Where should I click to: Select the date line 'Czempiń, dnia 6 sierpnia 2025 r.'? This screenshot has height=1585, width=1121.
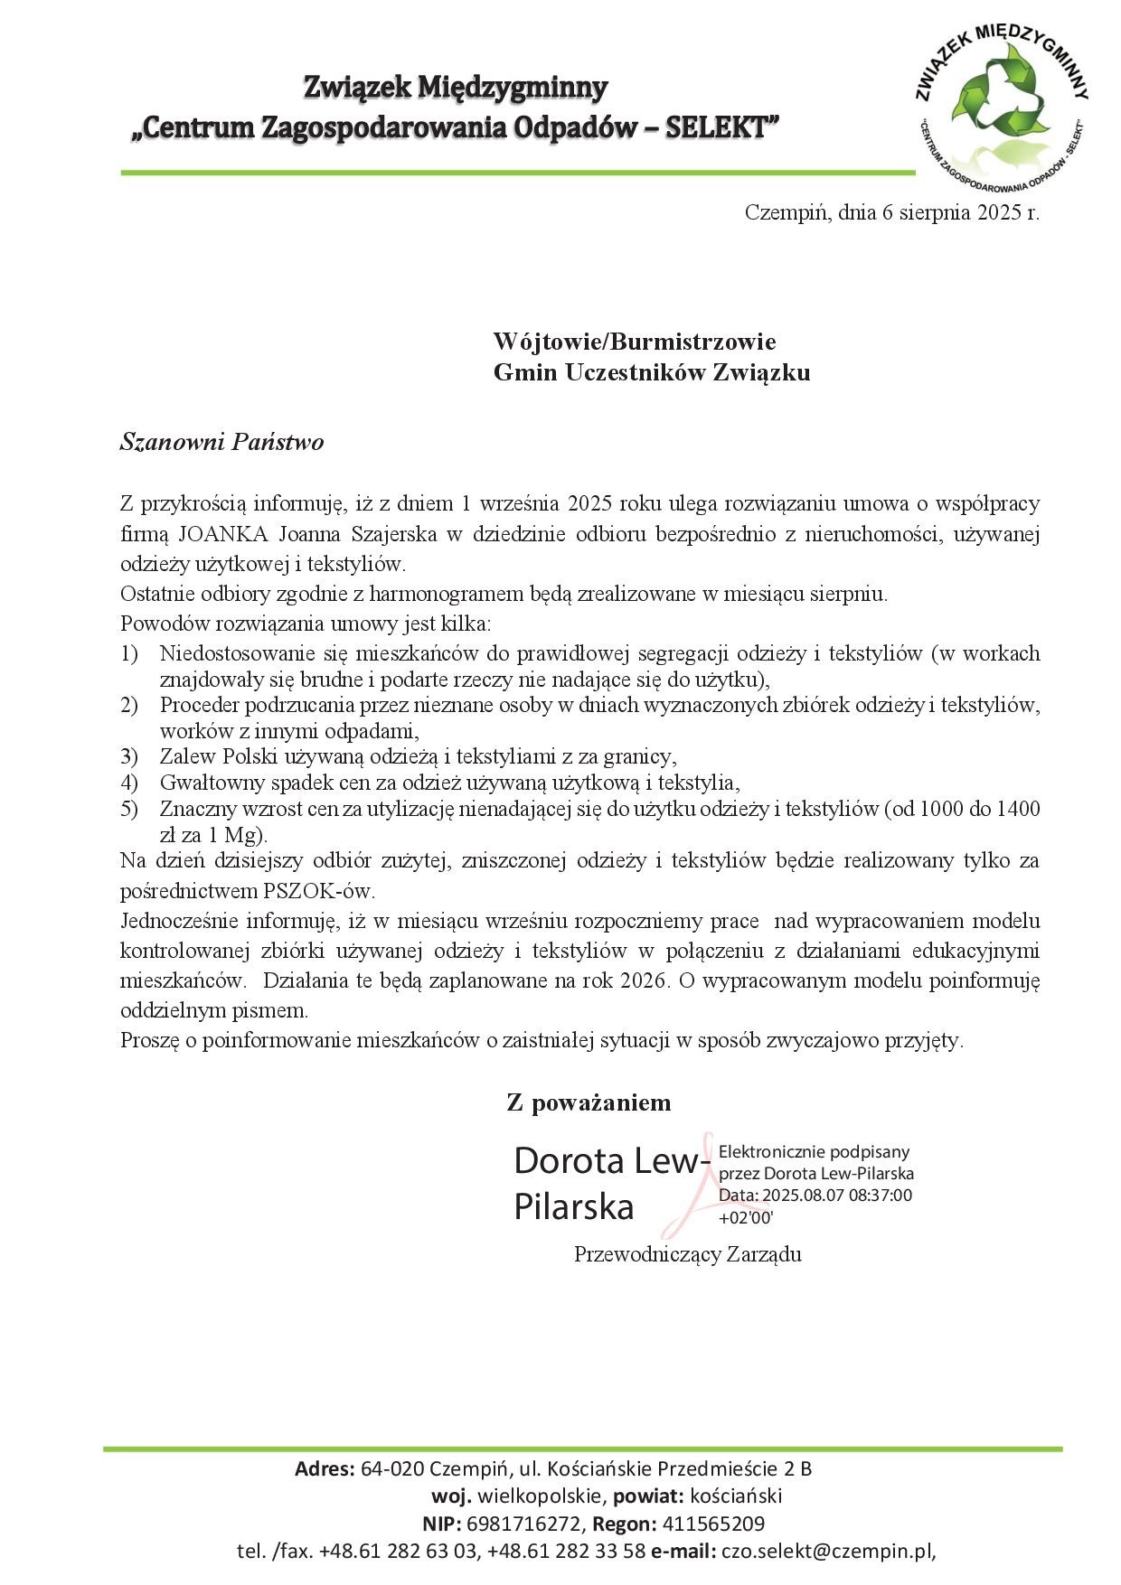coord(891,213)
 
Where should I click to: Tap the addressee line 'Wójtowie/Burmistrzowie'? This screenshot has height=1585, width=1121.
coord(634,342)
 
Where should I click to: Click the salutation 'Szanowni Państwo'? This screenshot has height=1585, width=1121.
coord(221,442)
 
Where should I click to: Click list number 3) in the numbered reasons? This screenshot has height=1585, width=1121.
coord(128,756)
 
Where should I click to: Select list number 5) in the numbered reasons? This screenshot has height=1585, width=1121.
coord(128,808)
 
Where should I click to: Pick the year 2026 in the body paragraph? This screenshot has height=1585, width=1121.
coord(645,980)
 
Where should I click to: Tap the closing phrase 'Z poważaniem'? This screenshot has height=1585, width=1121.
coord(589,1102)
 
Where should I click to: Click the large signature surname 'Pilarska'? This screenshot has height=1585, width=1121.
coord(574,1207)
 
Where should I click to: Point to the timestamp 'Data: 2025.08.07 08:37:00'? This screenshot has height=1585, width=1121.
coord(815,1195)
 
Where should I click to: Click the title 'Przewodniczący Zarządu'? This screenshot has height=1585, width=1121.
coord(687,1254)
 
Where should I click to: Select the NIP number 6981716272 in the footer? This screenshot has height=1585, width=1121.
coord(525,1524)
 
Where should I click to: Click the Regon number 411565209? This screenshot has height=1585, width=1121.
coord(713,1524)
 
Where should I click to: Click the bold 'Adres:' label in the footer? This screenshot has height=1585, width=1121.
coord(325,1468)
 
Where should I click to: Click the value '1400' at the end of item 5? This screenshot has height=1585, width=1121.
coord(1017,808)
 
